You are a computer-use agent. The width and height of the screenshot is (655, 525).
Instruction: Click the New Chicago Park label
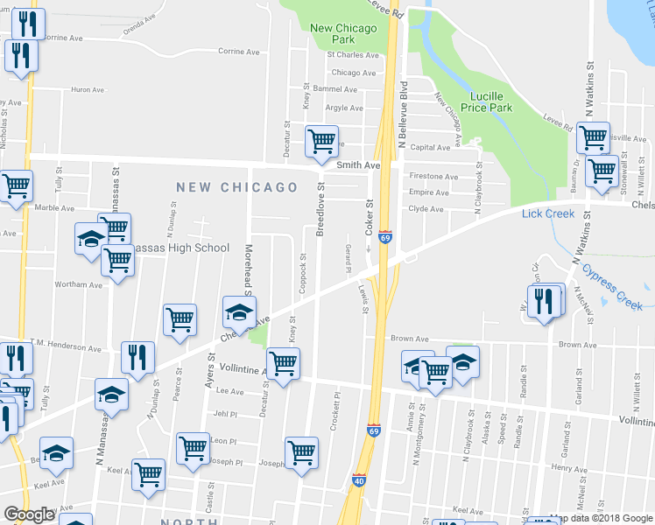[x=343, y=33]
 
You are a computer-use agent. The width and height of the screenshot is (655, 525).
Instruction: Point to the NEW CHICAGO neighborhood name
[x=236, y=187]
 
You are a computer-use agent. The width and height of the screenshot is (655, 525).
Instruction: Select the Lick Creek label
[x=547, y=213]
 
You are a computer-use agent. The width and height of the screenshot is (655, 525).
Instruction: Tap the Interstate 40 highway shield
[x=359, y=480]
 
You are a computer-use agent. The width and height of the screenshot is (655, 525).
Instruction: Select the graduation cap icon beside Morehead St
[x=239, y=311]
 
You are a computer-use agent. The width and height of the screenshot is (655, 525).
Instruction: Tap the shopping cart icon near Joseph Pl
[x=301, y=452]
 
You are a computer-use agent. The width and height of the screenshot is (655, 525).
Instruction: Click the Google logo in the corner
[x=29, y=514]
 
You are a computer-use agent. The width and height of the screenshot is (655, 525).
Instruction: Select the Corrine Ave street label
[x=238, y=52]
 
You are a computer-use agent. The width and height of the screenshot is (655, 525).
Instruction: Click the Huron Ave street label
[x=87, y=89]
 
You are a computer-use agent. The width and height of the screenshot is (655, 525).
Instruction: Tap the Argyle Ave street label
[x=343, y=108]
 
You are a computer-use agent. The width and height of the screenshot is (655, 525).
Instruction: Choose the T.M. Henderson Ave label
[x=66, y=348]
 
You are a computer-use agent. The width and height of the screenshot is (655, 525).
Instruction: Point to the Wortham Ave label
[x=78, y=285]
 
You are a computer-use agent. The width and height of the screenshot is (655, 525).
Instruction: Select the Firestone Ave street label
[x=433, y=177]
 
